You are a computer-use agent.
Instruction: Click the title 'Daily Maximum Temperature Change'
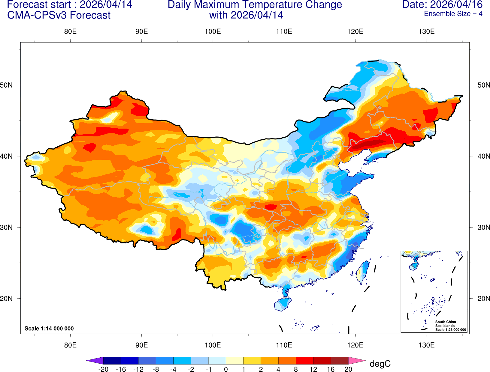pyautogui.click(x=255, y=5)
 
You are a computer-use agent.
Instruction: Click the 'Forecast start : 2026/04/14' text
pyautogui.click(x=69, y=5)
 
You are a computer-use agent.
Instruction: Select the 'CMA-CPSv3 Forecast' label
pyautogui.click(x=59, y=15)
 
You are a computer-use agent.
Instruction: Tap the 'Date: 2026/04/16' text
pyautogui.click(x=442, y=5)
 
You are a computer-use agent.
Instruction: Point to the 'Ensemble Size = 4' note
pyautogui.click(x=453, y=14)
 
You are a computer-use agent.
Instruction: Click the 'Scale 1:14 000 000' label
pyautogui.click(x=49, y=329)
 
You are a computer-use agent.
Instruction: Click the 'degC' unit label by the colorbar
pyautogui.click(x=380, y=364)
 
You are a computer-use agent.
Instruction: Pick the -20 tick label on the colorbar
pyautogui.click(x=103, y=369)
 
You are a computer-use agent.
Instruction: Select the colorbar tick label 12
pyautogui.click(x=313, y=369)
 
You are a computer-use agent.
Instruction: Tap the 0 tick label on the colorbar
pyautogui.click(x=226, y=369)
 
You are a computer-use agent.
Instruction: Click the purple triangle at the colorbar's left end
pyautogui.click(x=95, y=360)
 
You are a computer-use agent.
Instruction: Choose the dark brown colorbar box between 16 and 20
pyautogui.click(x=340, y=360)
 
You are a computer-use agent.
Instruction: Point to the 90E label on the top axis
pyautogui.click(x=141, y=32)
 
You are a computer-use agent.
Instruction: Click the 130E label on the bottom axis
pyautogui.click(x=426, y=345)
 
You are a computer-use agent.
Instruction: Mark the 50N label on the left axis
pyautogui.click(x=6, y=85)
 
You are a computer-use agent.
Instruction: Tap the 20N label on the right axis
pyautogui.click(x=483, y=299)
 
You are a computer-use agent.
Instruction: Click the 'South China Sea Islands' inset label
pyautogui.click(x=445, y=324)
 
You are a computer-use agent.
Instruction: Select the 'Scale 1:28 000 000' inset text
pyautogui.click(x=450, y=330)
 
